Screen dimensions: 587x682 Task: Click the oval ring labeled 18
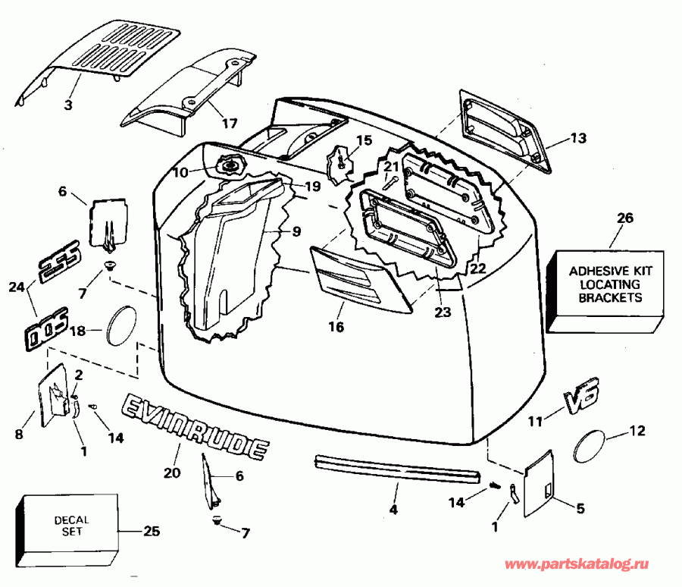(x=121, y=324)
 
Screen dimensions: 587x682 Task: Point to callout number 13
(x=578, y=139)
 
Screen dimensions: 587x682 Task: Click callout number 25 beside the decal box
(x=152, y=532)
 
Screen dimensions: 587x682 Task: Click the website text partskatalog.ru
(x=577, y=565)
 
